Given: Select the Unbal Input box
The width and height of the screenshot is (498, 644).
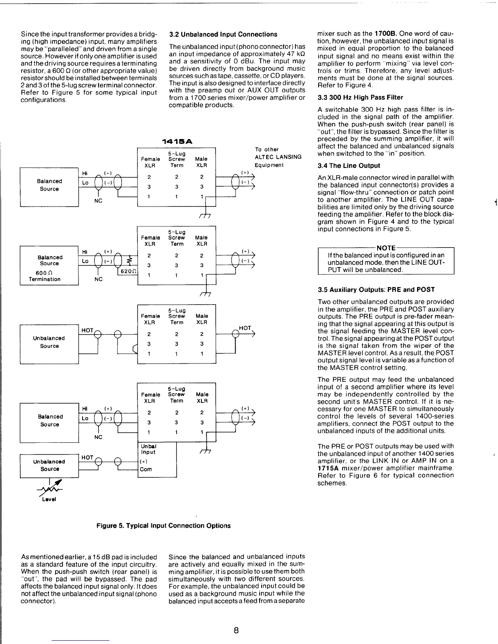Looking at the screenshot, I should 157,460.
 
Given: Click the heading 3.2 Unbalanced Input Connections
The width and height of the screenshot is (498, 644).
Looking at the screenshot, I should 223,35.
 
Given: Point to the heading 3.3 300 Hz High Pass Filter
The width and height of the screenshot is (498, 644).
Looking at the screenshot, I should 360,98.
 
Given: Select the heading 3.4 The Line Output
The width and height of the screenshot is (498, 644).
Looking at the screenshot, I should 349,166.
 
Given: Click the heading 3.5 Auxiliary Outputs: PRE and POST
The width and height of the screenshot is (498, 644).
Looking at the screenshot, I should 376,290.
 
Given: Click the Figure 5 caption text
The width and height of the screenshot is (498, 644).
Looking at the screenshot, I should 164,526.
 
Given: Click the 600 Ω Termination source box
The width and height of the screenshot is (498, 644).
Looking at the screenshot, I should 49,266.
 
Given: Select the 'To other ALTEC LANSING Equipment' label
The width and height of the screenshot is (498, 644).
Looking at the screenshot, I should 278,157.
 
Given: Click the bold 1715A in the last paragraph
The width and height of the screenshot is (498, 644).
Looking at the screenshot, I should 328,468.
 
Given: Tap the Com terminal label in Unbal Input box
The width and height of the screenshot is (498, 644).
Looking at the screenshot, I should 146,470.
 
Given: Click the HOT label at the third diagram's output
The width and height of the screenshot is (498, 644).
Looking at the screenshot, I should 245,328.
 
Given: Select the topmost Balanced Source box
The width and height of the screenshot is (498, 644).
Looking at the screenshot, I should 49,187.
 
